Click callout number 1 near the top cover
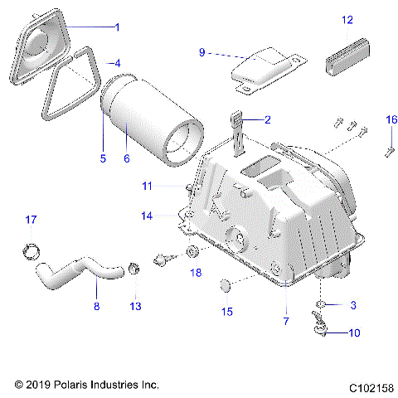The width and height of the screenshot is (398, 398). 117,27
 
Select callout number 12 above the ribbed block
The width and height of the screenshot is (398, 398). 347,18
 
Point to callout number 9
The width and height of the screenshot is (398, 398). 201,52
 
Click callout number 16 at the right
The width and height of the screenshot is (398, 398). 391,119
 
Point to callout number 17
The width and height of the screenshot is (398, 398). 31,220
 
